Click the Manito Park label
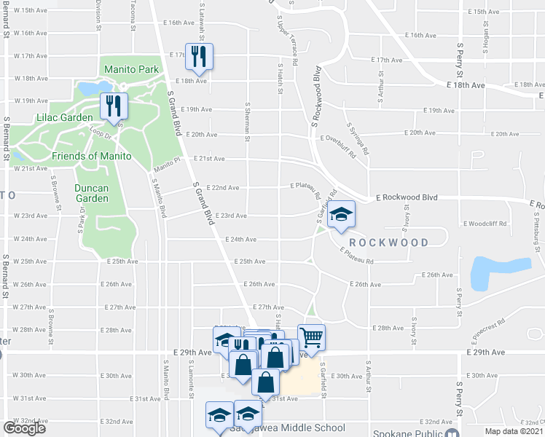pyautogui.click(x=131, y=70)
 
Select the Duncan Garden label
pyautogui.click(x=91, y=193)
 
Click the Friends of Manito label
pyautogui.click(x=91, y=156)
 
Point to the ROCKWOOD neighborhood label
pyautogui.click(x=388, y=242)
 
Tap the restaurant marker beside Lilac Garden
pyautogui.click(x=113, y=106)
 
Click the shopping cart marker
pyautogui.click(x=311, y=337)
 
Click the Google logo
pyautogui.click(x=25, y=428)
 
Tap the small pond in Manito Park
pyautogui.click(x=87, y=89)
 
